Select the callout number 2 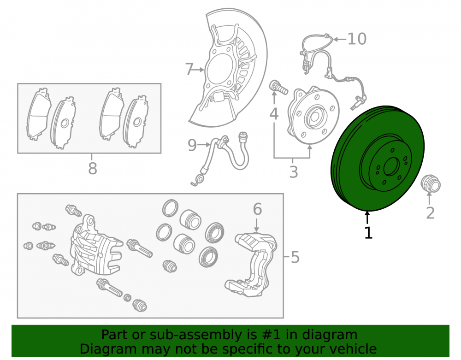430,213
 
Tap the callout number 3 293,172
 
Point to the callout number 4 274,114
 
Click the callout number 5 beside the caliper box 295,257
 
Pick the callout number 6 257,209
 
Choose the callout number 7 189,69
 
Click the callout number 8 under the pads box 92,169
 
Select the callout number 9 192,145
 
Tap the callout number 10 357,39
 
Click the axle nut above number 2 431,184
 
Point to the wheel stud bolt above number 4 278,87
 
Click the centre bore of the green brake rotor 391,167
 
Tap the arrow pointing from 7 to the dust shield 198,70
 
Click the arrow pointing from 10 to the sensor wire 340,39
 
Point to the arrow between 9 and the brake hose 204,145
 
